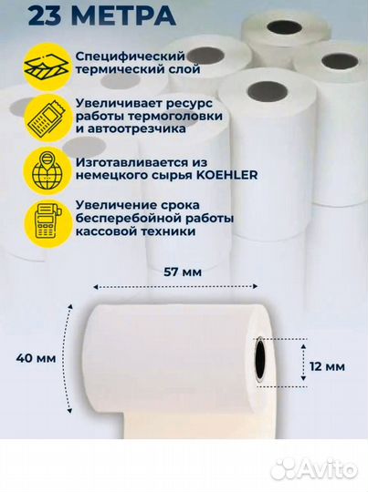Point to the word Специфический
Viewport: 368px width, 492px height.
pos(116,56)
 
